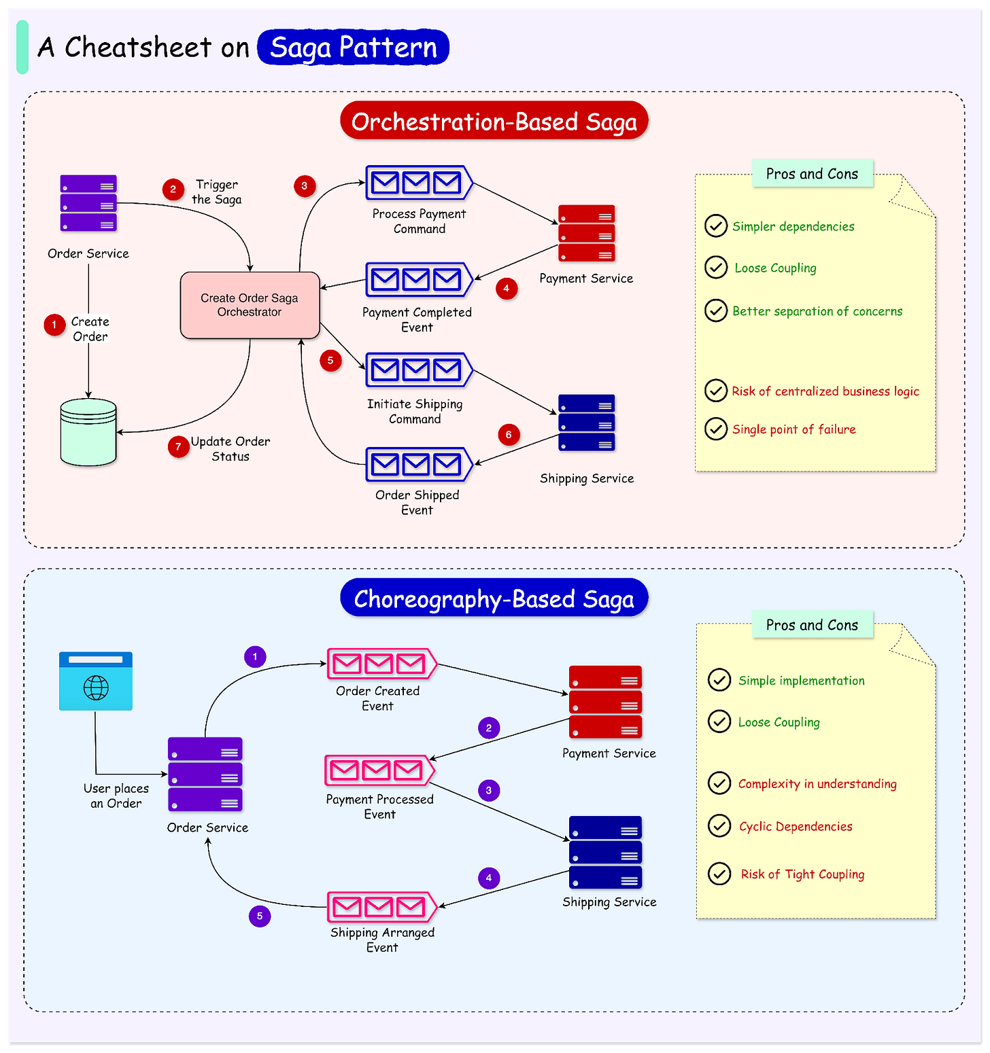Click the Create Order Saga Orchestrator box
pyautogui.click(x=250, y=305)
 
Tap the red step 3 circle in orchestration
pyautogui.click(x=304, y=185)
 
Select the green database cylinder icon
pyautogui.click(x=88, y=432)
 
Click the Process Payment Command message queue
pyautogui.click(x=418, y=183)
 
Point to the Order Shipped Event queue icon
pyautogui.click(x=418, y=465)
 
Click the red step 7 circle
pyautogui.click(x=178, y=446)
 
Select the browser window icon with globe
pyautogui.click(x=96, y=681)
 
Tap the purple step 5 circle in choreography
pyautogui.click(x=260, y=916)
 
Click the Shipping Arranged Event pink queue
pyautogui.click(x=381, y=907)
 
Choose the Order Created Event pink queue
pyautogui.click(x=381, y=664)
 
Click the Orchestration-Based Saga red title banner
pyautogui.click(x=494, y=122)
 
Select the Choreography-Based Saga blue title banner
pyautogui.click(x=494, y=599)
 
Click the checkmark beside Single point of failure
pyautogui.click(x=716, y=429)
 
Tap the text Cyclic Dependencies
pyautogui.click(x=796, y=827)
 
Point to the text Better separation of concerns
pyautogui.click(x=817, y=311)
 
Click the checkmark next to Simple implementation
pyautogui.click(x=719, y=680)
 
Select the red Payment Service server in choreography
pyautogui.click(x=605, y=702)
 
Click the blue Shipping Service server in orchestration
pyautogui.click(x=586, y=423)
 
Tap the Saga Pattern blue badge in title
pyautogui.click(x=353, y=48)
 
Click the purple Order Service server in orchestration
pyautogui.click(x=88, y=204)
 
